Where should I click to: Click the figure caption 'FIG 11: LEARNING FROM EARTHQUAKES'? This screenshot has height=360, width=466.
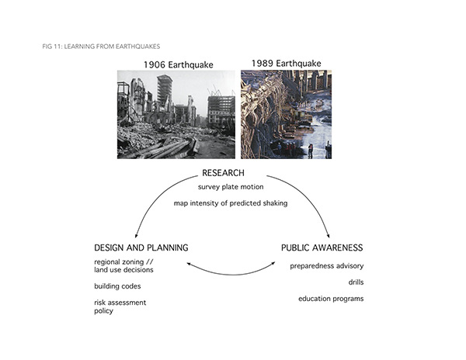[x=101, y=47]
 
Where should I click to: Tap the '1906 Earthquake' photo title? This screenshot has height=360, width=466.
[x=179, y=64]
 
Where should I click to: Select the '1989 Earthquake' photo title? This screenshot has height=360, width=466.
[x=286, y=63]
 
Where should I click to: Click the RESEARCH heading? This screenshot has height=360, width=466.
[x=223, y=173]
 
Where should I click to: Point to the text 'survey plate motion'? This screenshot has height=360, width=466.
[x=231, y=187]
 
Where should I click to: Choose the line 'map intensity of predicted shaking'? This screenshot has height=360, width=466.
[x=231, y=203]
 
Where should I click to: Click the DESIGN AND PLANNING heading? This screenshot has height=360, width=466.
[x=141, y=247]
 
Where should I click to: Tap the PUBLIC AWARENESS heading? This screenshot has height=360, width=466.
[x=322, y=247]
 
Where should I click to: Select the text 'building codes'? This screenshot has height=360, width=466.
[x=117, y=286]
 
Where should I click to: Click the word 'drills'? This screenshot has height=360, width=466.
[x=356, y=282]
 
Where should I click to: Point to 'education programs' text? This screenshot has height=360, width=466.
[x=331, y=299]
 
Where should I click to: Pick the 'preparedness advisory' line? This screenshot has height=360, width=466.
[x=327, y=266]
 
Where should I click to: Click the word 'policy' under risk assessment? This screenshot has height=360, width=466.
[x=104, y=311]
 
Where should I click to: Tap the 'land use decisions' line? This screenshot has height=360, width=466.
[x=123, y=270]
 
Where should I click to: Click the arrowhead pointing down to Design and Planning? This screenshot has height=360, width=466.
[x=137, y=236]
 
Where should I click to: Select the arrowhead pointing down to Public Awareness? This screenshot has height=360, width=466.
[x=328, y=236]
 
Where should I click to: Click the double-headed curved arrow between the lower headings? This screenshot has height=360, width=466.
[x=231, y=275]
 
